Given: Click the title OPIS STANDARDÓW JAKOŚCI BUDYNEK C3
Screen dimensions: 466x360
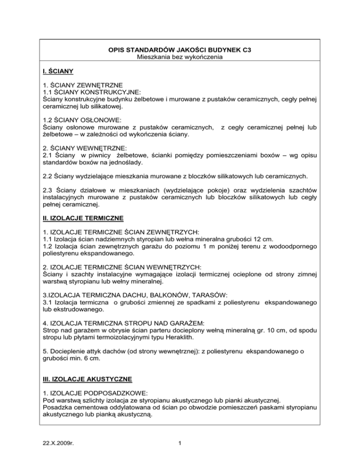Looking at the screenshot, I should (180, 49).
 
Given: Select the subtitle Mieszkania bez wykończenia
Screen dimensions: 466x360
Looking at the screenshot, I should (180, 57).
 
